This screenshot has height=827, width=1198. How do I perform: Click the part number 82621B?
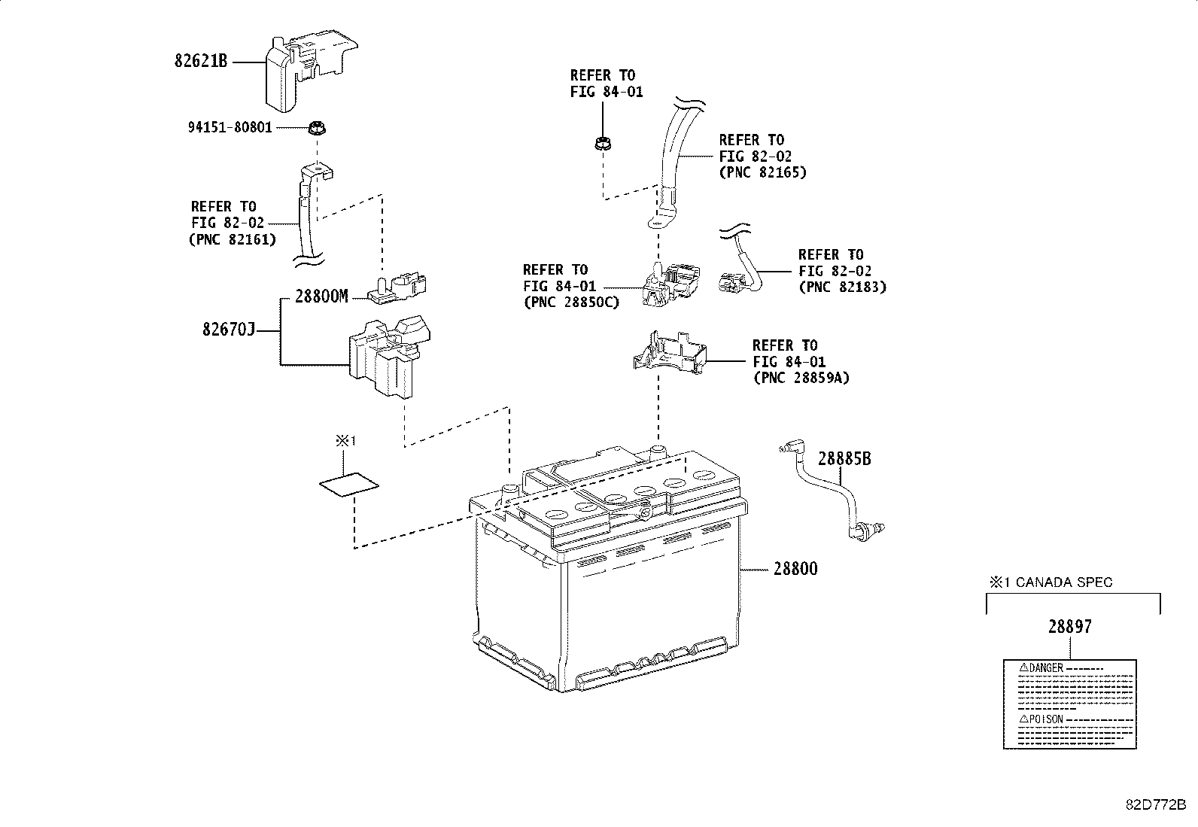pyautogui.click(x=200, y=62)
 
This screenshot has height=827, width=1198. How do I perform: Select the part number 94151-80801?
pyautogui.click(x=230, y=128)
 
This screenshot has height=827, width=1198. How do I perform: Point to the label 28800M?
pyautogui.click(x=321, y=296)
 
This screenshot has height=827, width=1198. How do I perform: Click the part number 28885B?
pyautogui.click(x=844, y=458)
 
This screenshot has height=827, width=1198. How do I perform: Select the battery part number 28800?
pyautogui.click(x=795, y=569)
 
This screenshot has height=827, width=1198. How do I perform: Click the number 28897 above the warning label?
pyautogui.click(x=1069, y=626)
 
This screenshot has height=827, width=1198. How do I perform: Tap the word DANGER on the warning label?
pyautogui.click(x=1046, y=667)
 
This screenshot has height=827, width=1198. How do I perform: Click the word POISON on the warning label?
pyautogui.click(x=1046, y=719)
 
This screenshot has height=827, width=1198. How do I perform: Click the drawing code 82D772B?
pyautogui.click(x=1156, y=804)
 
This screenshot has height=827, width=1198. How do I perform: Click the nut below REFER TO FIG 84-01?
pyautogui.click(x=601, y=142)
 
